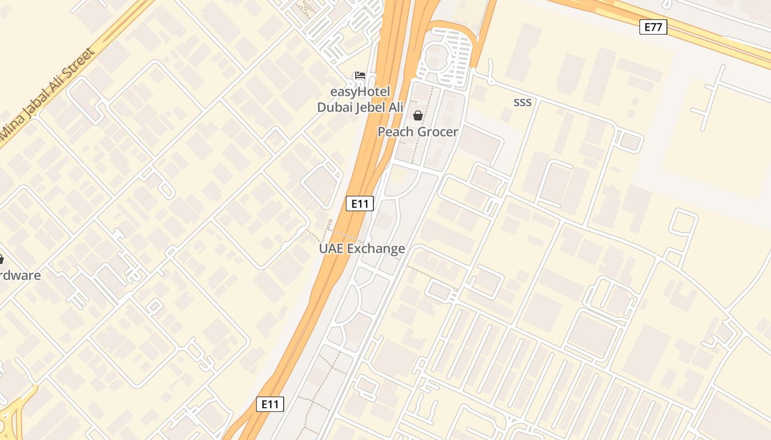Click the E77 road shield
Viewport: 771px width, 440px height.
click(653, 26)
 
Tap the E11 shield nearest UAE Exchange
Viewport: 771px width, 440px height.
click(360, 204)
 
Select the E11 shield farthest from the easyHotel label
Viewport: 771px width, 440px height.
click(270, 404)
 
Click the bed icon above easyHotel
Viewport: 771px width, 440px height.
click(360, 75)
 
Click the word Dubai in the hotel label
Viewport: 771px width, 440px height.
click(336, 107)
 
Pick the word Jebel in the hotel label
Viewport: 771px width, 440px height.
click(372, 107)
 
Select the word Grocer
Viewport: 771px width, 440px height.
click(437, 132)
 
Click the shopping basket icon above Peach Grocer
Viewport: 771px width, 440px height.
click(418, 116)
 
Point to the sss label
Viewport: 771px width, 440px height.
click(522, 102)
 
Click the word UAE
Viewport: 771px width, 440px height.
click(332, 249)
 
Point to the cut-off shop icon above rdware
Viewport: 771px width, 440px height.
click(1, 258)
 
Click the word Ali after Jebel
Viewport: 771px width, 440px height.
click(396, 107)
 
